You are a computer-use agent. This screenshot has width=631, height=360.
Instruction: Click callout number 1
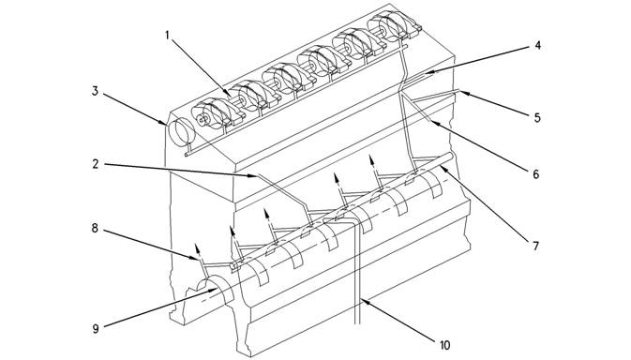(x=168, y=36)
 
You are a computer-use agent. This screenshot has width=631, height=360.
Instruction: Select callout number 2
(x=96, y=164)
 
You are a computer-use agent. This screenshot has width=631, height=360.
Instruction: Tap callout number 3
(x=95, y=91)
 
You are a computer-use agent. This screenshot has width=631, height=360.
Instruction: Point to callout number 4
(x=537, y=45)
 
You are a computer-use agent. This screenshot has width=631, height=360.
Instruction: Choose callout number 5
(x=537, y=117)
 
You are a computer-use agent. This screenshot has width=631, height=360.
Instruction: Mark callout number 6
(x=535, y=174)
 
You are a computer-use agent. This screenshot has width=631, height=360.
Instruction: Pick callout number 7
(x=535, y=246)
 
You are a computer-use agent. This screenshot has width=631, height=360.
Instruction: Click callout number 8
(x=95, y=229)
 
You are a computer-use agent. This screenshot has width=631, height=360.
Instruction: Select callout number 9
(x=96, y=329)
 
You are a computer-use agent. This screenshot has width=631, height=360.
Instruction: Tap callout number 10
(x=444, y=345)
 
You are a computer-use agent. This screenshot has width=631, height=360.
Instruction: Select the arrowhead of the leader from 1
(x=228, y=93)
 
